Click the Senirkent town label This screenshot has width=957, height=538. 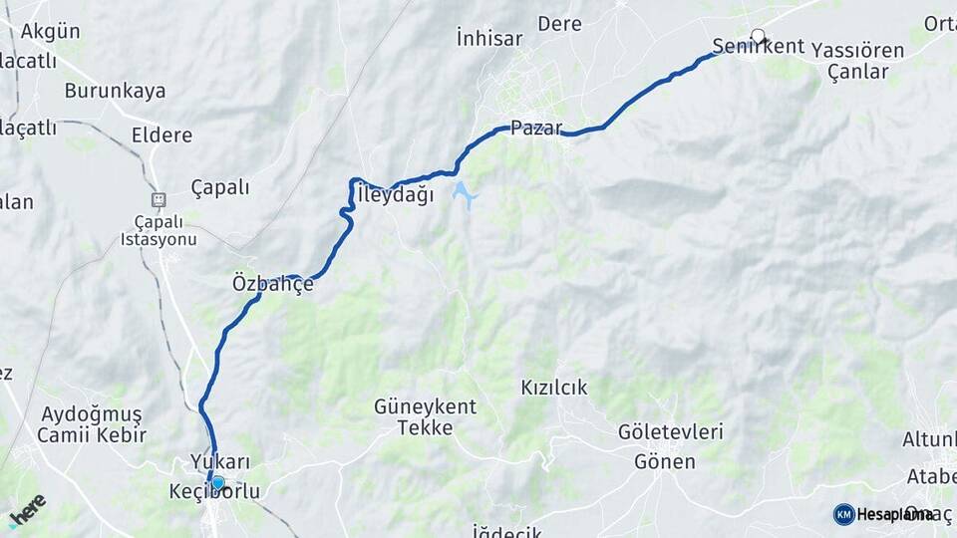coord(744,46)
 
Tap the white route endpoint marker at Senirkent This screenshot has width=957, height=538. coord(758,37)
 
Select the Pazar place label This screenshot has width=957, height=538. coord(536,128)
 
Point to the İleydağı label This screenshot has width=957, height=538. coord(395,195)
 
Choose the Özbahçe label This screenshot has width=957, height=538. coord(272,284)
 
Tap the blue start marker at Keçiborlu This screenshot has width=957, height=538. coord(217,482)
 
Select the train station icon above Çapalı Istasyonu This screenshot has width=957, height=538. coord(158,199)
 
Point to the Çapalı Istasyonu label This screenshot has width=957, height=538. coord(158,230)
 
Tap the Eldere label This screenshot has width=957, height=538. coord(161,134)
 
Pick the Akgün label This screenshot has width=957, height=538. coord(50,30)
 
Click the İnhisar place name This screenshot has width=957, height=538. coord(488,38)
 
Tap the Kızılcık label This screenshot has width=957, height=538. coord(553,387)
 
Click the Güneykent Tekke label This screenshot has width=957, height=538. coord(425,417)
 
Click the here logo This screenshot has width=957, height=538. coord(28,510)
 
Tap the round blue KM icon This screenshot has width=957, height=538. coord(843,514)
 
